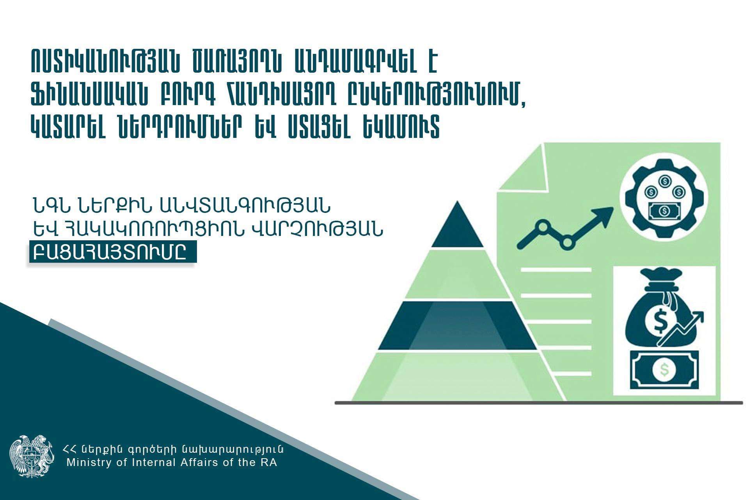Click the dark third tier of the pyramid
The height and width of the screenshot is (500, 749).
(x=457, y=325)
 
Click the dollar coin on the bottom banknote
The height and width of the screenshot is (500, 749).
(x=664, y=370)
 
